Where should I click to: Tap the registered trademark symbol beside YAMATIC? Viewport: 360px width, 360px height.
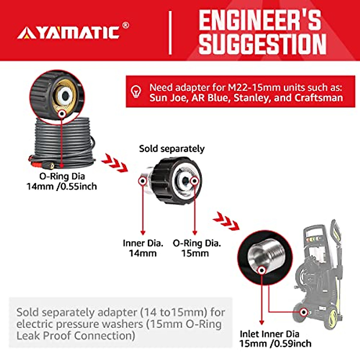(126, 25)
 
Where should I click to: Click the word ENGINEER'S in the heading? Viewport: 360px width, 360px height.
(259, 20)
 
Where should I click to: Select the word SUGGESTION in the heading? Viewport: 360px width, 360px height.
(262, 44)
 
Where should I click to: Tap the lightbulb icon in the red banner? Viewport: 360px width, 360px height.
(136, 91)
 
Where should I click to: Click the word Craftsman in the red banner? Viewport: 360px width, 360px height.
(319, 98)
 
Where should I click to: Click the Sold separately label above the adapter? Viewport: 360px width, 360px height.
(172, 148)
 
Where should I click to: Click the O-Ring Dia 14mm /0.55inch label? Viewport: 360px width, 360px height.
(62, 181)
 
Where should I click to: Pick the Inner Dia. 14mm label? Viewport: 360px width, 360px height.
(143, 248)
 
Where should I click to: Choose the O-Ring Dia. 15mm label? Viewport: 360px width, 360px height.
(196, 248)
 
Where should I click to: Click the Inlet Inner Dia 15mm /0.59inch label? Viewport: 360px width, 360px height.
(275, 338)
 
